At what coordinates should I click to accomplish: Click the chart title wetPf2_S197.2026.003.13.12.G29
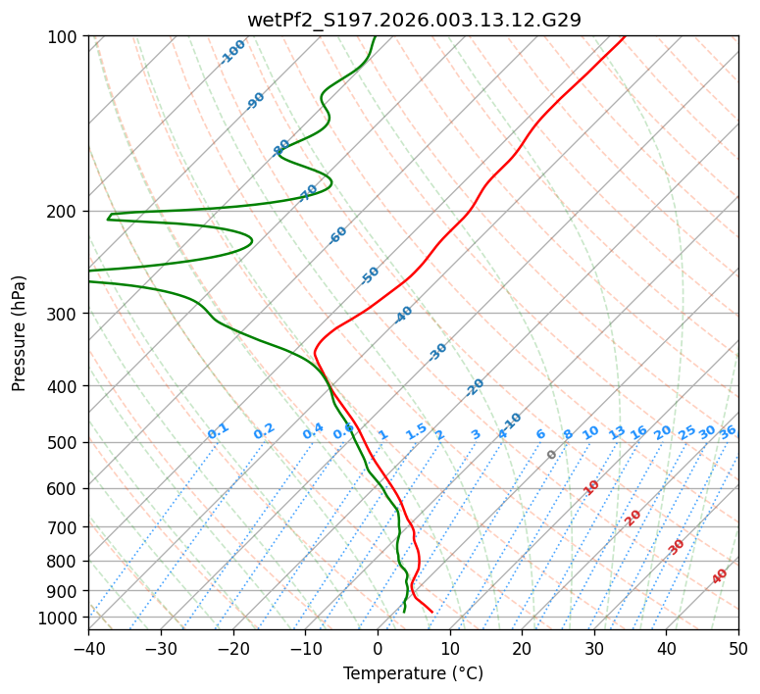414,20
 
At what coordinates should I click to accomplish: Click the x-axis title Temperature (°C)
413,674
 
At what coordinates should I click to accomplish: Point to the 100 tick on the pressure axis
65,36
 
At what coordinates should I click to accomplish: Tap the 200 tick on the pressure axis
65,211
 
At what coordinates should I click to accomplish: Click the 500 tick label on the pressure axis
65,442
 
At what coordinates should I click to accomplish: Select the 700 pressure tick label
65,527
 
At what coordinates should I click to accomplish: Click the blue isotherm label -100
233,51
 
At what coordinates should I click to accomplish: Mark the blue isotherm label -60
338,235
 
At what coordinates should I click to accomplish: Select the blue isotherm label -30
437,352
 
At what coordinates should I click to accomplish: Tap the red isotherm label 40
720,576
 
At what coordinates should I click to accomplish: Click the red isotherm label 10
591,487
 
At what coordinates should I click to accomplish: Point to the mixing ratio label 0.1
218,431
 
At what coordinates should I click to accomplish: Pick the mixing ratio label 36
728,431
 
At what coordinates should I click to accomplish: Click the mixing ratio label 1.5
416,431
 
